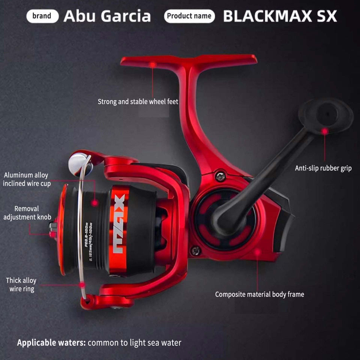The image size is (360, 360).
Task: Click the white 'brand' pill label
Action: pyautogui.click(x=42, y=16)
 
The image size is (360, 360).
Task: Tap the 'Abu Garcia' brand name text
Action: pyautogui.click(x=107, y=16)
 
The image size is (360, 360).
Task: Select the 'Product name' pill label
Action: pyautogui.click(x=189, y=16)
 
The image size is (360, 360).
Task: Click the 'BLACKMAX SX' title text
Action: pyautogui.click(x=280, y=16)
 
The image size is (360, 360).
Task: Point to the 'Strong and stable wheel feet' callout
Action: pyautogui.click(x=138, y=102)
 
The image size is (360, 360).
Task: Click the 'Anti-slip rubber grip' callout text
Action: pyautogui.click(x=323, y=168)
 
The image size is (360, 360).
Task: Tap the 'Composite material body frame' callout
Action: pyautogui.click(x=259, y=294)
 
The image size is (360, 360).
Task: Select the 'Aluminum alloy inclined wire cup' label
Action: pyautogui.click(x=26, y=179)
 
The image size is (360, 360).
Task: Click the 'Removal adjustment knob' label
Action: pyautogui.click(x=27, y=213)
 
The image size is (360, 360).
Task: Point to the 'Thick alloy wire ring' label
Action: pyautogui.click(x=21, y=285)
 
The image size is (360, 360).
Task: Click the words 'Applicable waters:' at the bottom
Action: pyautogui.click(x=51, y=342)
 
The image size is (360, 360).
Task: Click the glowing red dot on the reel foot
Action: pyautogui.click(x=153, y=65)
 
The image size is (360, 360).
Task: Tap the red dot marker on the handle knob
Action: pyautogui.click(x=325, y=131)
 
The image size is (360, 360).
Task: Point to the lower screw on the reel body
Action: pyautogui.click(x=195, y=251)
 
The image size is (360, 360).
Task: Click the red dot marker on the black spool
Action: pyautogui.click(x=95, y=202)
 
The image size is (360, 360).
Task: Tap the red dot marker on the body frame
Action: pyautogui.click(x=257, y=252)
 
